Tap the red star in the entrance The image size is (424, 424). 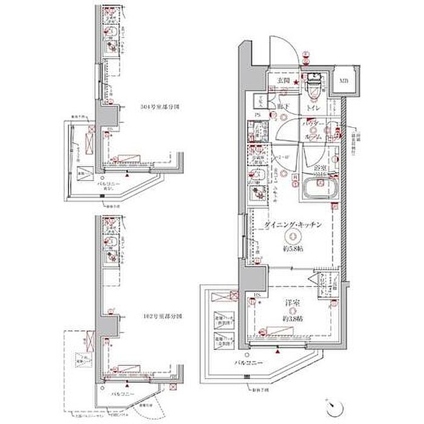(296, 82)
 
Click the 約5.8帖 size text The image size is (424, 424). (293, 248)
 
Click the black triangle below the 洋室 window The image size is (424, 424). (277, 351)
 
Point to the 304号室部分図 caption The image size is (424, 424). (162, 106)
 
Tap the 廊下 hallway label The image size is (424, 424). (282, 107)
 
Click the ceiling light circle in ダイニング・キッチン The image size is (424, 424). (293, 236)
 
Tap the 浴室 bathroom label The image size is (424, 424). (319, 167)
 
